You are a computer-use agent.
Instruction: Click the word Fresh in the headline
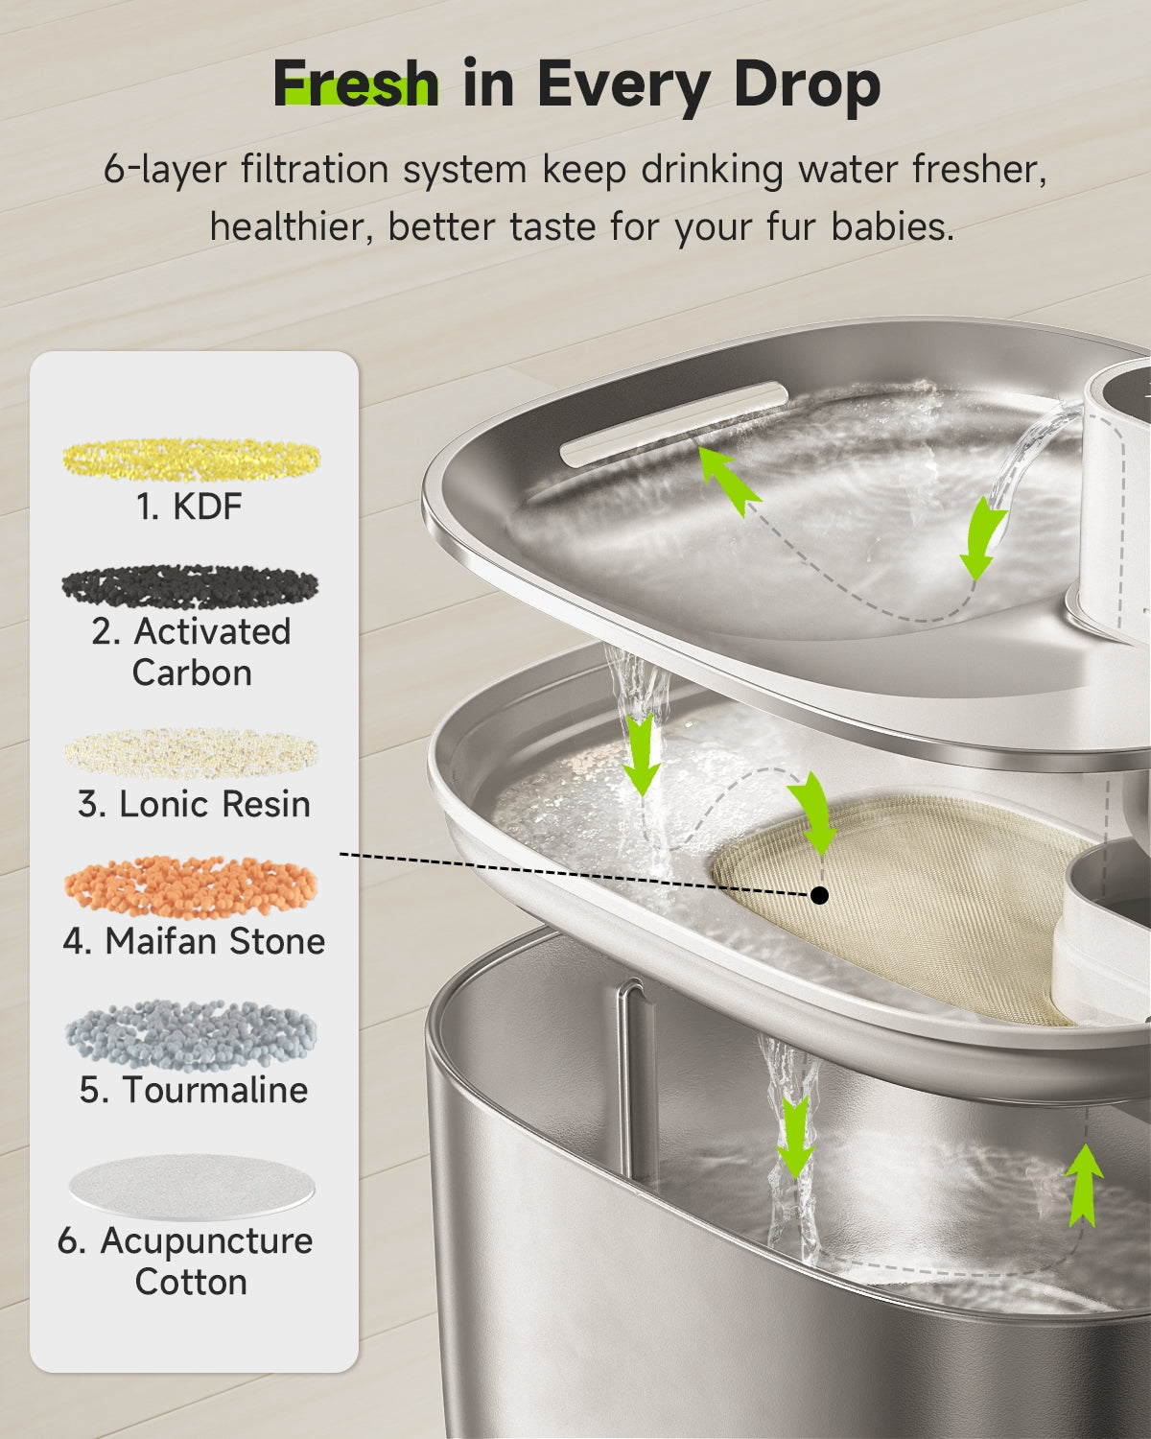tap(356, 84)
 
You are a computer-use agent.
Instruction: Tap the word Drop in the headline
tap(807, 84)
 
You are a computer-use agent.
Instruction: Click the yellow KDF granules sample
tap(192, 459)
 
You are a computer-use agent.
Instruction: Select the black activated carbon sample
tap(190, 586)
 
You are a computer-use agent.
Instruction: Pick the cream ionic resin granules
tap(192, 754)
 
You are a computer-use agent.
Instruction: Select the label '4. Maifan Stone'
tap(194, 941)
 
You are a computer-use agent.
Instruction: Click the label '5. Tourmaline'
tap(194, 1090)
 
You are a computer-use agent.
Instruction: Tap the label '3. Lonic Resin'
tap(194, 804)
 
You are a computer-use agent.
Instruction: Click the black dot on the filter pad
tap(819, 895)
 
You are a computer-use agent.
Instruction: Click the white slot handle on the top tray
tap(674, 424)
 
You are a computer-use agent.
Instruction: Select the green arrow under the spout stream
tap(982, 540)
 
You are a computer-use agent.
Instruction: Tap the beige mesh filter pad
tap(902, 902)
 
